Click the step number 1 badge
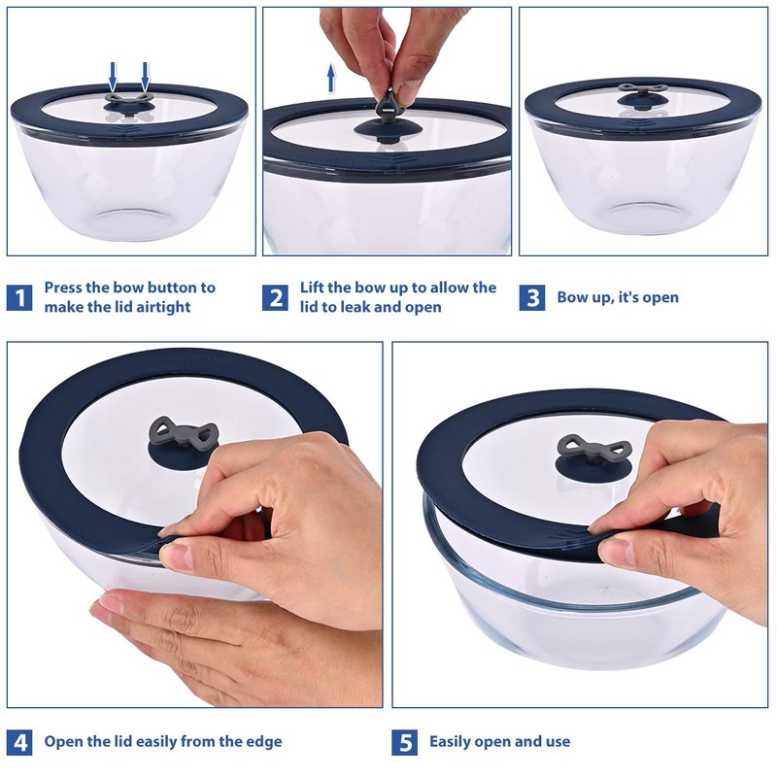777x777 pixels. [x=19, y=297]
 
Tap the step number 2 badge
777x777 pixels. [x=276, y=297]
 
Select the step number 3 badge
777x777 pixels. [x=531, y=297]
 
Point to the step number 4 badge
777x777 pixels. [x=19, y=742]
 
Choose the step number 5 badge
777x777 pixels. [x=405, y=742]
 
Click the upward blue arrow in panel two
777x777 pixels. [x=331, y=78]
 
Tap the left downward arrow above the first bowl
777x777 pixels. [x=113, y=74]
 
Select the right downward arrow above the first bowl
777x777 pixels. [x=145, y=74]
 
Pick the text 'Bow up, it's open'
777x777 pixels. [x=618, y=297]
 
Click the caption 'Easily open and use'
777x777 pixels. [x=500, y=742]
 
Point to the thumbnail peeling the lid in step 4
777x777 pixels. [x=175, y=556]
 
